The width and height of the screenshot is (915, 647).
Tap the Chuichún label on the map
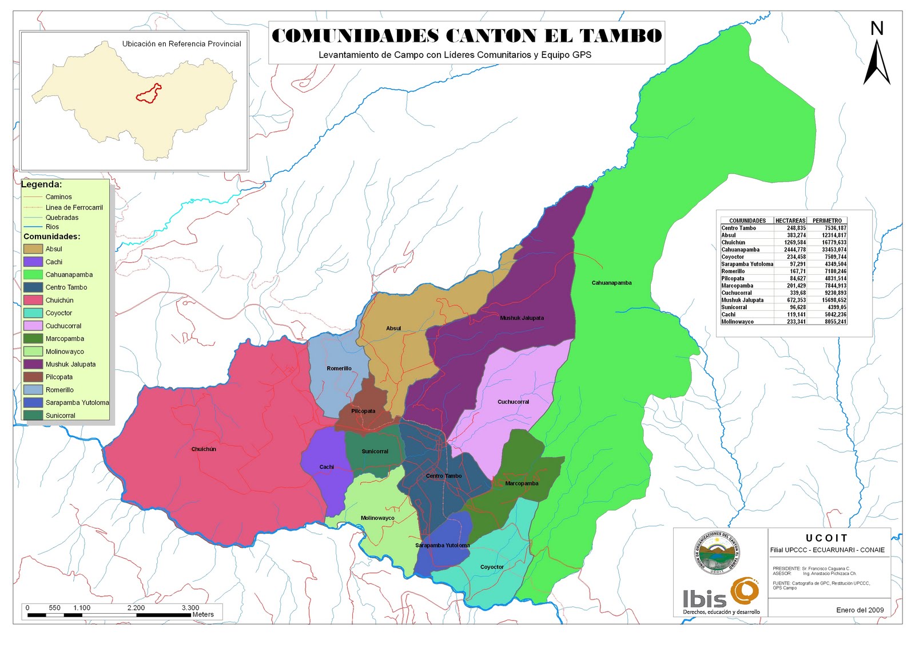pos(204,449)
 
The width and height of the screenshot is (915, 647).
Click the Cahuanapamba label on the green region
pos(611,283)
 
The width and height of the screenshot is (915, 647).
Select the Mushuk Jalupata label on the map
pos(522,318)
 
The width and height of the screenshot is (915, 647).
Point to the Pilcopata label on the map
pos(363,411)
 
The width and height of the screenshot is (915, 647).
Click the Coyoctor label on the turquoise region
pos(492,567)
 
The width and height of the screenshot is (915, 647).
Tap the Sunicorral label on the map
pos(375,452)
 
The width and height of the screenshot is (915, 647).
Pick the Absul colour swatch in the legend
pos(33,249)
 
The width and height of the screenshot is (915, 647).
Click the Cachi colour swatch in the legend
pos(33,262)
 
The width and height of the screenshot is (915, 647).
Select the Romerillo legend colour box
pos(33,390)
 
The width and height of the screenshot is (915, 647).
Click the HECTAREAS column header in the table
pos(790,220)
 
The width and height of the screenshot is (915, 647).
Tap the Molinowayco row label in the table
pos(737,322)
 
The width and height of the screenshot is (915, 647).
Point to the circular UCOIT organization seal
pos(717,553)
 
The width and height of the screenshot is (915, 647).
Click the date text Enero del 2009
pos(860,610)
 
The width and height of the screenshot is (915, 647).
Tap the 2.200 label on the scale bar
pos(136,607)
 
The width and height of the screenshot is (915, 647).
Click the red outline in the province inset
pos(149,93)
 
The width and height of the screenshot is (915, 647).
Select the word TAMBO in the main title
pos(621,35)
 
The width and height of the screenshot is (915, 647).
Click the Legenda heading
pos(41,184)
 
